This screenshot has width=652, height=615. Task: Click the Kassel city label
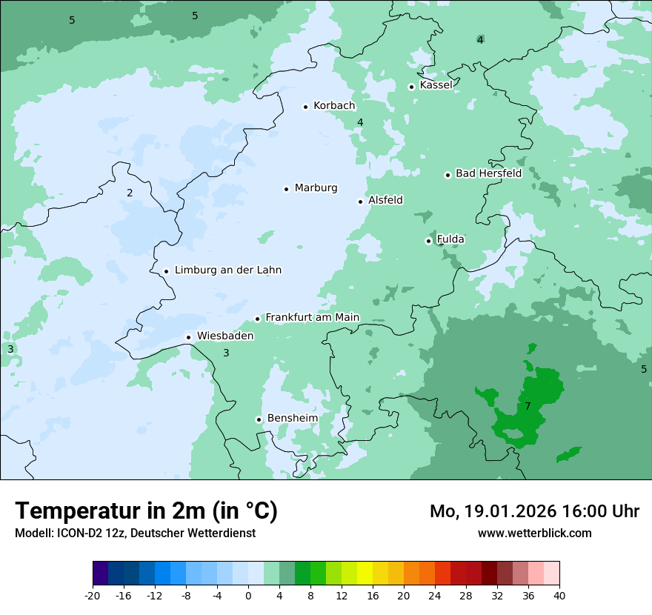[x=436, y=85]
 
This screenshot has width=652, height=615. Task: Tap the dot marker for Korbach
[x=305, y=107]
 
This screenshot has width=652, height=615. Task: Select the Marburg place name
[x=316, y=188]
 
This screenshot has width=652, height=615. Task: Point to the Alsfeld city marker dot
[x=361, y=202]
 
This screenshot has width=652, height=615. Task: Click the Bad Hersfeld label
[x=488, y=173]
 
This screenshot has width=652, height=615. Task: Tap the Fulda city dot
[x=428, y=241]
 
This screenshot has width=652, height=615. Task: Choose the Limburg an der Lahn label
[x=227, y=270]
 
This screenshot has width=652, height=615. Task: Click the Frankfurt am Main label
[x=312, y=317]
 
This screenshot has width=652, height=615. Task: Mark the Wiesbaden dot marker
[x=189, y=337]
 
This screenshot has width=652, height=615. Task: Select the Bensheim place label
[x=292, y=418]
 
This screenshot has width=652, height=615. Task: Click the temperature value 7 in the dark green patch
[x=528, y=407]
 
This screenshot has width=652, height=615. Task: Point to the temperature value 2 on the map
[x=130, y=193]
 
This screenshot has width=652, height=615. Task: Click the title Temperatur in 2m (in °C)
[x=146, y=511]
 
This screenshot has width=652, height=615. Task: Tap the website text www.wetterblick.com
[x=534, y=533]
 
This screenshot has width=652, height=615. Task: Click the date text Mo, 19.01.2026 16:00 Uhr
[x=534, y=511]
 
